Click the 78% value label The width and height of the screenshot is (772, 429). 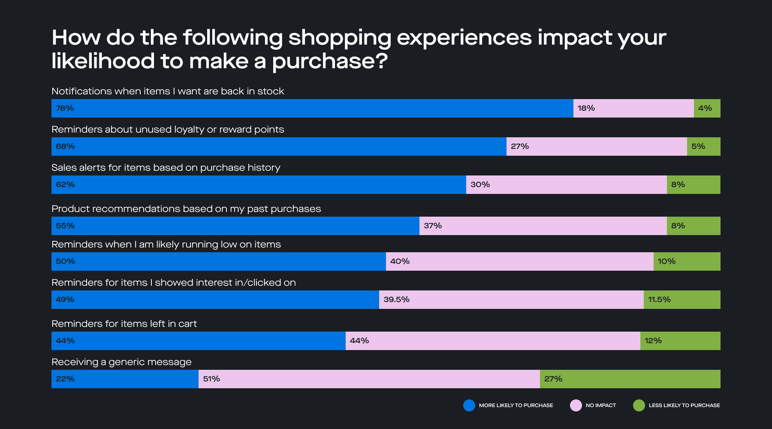pyautogui.click(x=65, y=108)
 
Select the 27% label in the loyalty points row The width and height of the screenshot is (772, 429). pyautogui.click(x=519, y=146)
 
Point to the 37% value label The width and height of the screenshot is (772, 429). pyautogui.click(x=433, y=226)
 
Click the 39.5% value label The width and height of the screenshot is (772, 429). pyautogui.click(x=396, y=299)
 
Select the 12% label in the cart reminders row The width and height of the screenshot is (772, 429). pyautogui.click(x=653, y=341)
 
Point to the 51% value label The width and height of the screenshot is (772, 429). pyautogui.click(x=211, y=379)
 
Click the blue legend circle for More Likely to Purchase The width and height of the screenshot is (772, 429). pyautogui.click(x=469, y=405)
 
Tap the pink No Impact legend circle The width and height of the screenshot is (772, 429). pyautogui.click(x=576, y=405)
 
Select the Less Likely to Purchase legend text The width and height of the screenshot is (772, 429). pyautogui.click(x=684, y=405)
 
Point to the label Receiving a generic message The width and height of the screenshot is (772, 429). pyautogui.click(x=121, y=362)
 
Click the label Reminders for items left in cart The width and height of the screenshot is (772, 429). pyautogui.click(x=124, y=324)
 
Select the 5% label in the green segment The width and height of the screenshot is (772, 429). pyautogui.click(x=698, y=146)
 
